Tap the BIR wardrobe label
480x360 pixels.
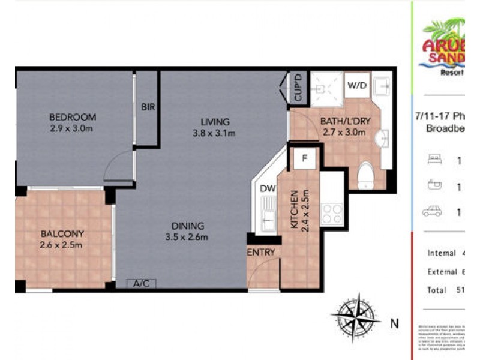click(x=148, y=107)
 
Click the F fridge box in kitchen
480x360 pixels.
click(x=305, y=160)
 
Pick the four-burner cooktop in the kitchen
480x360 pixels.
click(x=332, y=214)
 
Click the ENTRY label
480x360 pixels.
click(x=261, y=253)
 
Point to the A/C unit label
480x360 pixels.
click(x=141, y=283)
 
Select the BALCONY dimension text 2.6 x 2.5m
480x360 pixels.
click(x=61, y=244)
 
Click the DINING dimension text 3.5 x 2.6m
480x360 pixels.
click(x=187, y=237)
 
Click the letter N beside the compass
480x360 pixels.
click(x=394, y=323)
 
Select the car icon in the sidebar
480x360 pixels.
click(x=432, y=211)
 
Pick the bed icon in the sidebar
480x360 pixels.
click(x=433, y=159)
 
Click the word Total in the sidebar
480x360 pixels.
click(x=437, y=290)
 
